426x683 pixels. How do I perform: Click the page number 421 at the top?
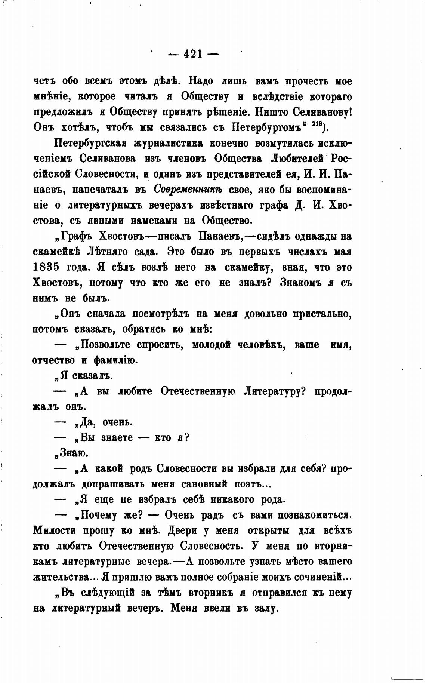(x=192, y=55)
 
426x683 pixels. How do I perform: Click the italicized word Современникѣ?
(x=188, y=190)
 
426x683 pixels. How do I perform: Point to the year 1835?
(x=46, y=268)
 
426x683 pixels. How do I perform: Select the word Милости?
(x=55, y=531)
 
